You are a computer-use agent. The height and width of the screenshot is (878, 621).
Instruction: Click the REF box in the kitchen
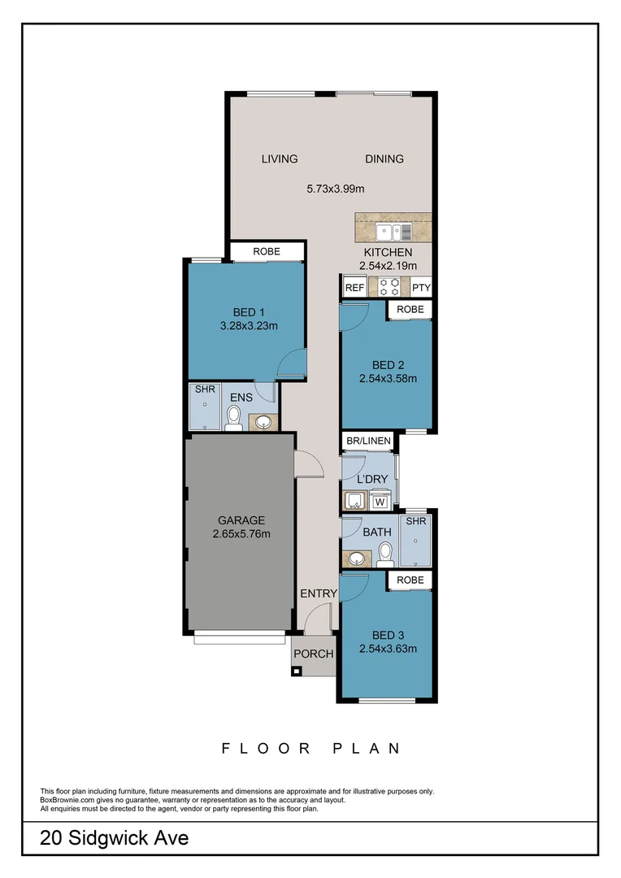pyautogui.click(x=354, y=288)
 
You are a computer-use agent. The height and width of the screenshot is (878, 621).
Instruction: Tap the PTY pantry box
pyautogui.click(x=420, y=288)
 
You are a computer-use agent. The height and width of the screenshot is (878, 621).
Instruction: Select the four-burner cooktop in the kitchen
pyautogui.click(x=388, y=287)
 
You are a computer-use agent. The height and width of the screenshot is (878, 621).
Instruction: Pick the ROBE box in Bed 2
pyautogui.click(x=410, y=310)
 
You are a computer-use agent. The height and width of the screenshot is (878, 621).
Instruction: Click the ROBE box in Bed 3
pyautogui.click(x=410, y=580)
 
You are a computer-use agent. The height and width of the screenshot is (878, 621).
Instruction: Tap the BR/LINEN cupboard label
pyautogui.click(x=368, y=441)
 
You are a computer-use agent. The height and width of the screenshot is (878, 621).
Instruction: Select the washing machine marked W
pyautogui.click(x=379, y=502)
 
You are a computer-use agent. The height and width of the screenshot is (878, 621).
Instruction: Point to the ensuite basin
pyautogui.click(x=263, y=422)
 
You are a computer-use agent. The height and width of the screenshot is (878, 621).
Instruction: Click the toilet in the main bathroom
pyautogui.click(x=385, y=554)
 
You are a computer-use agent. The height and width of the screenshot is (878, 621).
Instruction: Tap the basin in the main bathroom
pyautogui.click(x=355, y=558)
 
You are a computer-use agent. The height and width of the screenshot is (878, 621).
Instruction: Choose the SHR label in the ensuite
pyautogui.click(x=200, y=389)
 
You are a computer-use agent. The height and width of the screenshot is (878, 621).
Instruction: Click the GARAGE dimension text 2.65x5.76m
pyautogui.click(x=241, y=534)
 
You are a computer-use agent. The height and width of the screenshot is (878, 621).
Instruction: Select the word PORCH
pyautogui.click(x=313, y=654)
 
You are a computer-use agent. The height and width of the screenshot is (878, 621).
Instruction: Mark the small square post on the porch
pyautogui.click(x=296, y=671)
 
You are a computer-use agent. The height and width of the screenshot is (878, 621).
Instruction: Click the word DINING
pyautogui.click(x=384, y=159)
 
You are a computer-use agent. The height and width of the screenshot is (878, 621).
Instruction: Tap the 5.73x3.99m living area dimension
pyautogui.click(x=334, y=189)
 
